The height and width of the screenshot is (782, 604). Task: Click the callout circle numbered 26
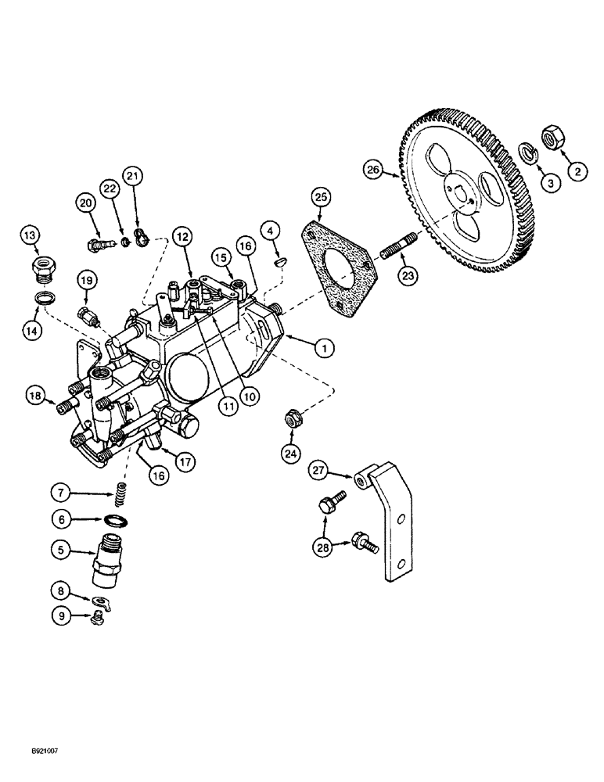pyautogui.click(x=373, y=168)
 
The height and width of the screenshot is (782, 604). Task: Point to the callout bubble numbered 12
pyautogui.click(x=183, y=235)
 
